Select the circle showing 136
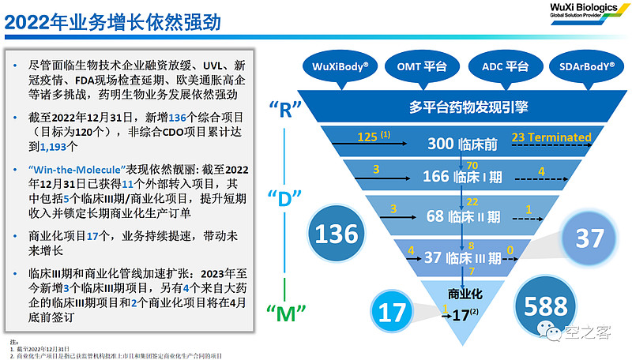[x=337, y=233]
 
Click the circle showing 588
[x=545, y=306]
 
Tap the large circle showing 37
[x=589, y=238]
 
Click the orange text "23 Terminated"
[x=551, y=137]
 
